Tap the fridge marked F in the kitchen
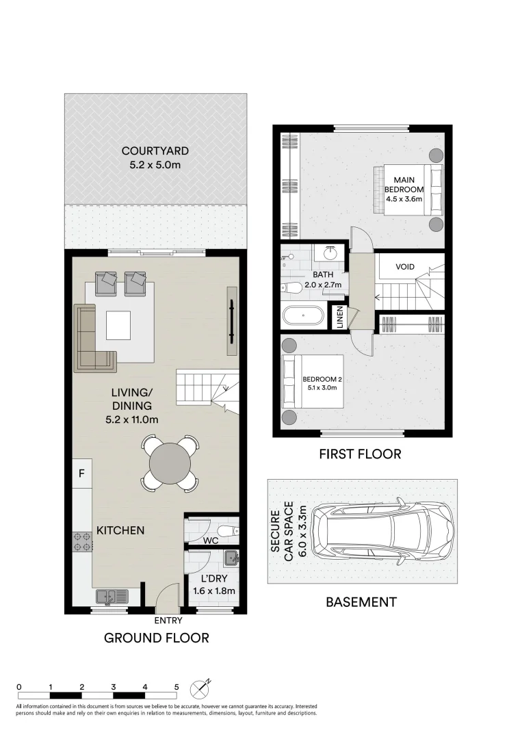[81, 473]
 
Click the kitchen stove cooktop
[82, 542]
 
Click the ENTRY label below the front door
[168, 620]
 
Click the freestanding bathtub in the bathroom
[302, 316]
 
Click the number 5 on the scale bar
[177, 686]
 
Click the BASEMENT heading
[361, 602]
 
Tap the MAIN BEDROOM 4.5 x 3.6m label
[404, 189]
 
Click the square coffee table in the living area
[118, 325]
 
